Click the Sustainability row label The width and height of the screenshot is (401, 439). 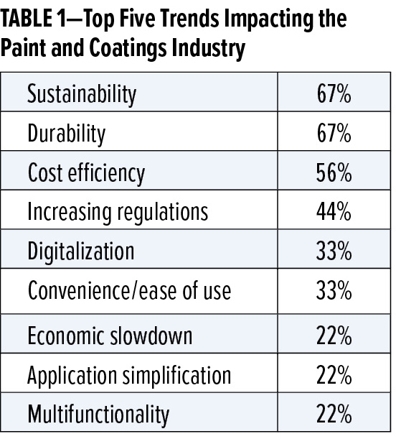tap(82, 95)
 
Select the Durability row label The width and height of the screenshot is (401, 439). tap(67, 134)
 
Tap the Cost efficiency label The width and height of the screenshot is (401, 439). tap(86, 173)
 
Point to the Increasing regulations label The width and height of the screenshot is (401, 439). tap(118, 212)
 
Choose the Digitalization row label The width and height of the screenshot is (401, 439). tap(81, 251)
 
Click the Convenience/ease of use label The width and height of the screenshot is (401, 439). tap(130, 290)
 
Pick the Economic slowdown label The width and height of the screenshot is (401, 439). tap(110, 335)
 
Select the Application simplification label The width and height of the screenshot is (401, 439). tap(129, 375)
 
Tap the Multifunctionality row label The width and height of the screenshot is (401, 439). tap(99, 414)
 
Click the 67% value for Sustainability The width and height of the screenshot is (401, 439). tap(334, 93)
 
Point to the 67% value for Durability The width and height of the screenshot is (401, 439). tap(334, 133)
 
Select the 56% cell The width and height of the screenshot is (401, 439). tap(334, 172)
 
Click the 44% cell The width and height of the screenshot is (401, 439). tap(334, 212)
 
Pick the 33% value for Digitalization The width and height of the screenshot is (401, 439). tap(334, 251)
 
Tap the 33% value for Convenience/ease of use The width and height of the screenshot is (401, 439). tap(334, 290)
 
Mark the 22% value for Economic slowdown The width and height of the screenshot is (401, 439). tap(334, 336)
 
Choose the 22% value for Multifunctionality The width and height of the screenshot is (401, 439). tap(334, 414)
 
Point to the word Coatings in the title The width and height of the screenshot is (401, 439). tap(128, 49)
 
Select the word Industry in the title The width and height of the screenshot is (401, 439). tap(209, 49)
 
